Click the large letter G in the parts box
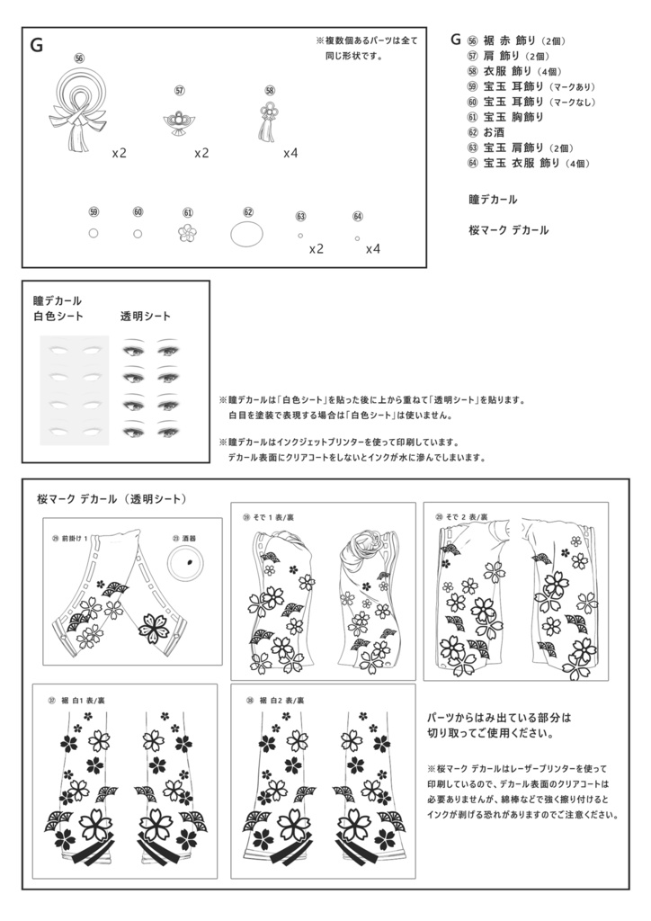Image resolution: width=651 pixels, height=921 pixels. pos(37,46)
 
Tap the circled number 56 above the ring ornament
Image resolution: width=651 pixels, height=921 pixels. pos(79,58)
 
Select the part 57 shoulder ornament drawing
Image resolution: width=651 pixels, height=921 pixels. pos(180,121)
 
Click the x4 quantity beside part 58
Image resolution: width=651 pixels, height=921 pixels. pos(290,153)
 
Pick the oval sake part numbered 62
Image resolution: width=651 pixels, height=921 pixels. pos(247,234)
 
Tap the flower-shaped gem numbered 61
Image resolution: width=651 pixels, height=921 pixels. pos(187,233)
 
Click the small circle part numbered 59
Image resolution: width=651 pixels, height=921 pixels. pos(94,233)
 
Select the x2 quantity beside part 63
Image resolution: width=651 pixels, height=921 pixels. pos(316,248)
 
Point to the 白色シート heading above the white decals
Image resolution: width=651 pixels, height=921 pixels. pos(58,316)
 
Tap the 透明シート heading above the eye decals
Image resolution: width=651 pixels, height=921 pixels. pos(146,316)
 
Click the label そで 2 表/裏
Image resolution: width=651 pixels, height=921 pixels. pos(461,517)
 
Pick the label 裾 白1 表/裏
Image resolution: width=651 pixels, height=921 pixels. pos(83,699)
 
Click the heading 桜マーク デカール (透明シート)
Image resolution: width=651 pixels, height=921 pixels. pos(111,498)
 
